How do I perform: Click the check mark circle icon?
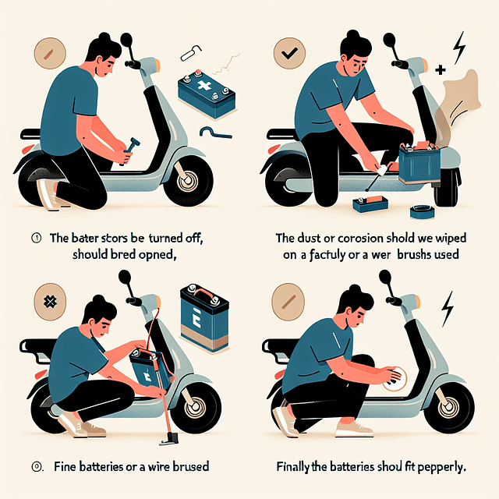[x=288, y=55]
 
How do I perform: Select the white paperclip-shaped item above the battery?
[x=190, y=54]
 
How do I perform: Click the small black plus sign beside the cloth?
[x=441, y=71]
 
